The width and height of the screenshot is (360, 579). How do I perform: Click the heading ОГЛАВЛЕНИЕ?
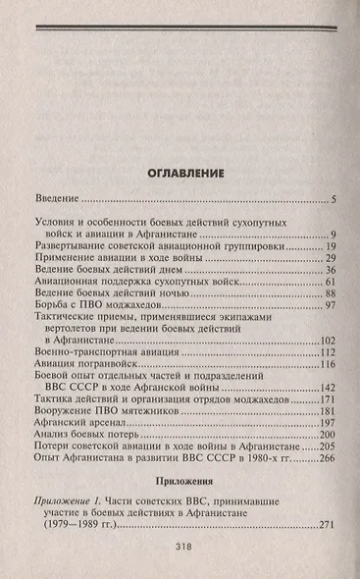pyautogui.click(x=180, y=173)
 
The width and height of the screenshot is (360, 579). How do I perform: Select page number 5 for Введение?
pyautogui.click(x=333, y=201)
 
